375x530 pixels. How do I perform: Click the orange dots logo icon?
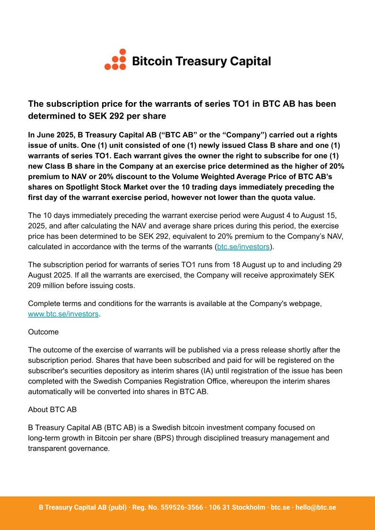[x=115, y=60]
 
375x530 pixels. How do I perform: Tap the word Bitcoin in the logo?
[x=151, y=61]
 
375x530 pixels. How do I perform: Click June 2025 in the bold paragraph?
[x=51, y=135]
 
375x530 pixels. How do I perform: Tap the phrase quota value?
[x=295, y=197]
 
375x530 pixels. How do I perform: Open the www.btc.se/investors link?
[x=63, y=314]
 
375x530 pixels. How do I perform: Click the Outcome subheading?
[x=44, y=332]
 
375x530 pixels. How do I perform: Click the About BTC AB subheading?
[x=52, y=409]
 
